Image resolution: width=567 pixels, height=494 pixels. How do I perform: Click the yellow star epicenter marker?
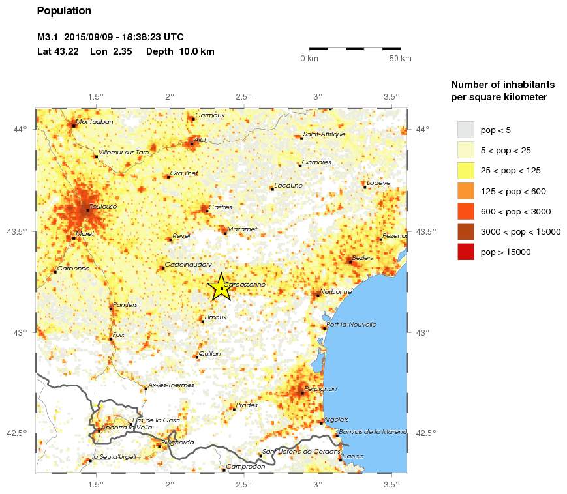[x=221, y=287]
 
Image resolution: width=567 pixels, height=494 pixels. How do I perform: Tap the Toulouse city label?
[x=103, y=207]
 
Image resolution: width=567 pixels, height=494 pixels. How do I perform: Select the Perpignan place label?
[x=320, y=389]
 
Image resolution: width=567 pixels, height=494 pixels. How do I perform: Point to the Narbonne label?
[x=336, y=292]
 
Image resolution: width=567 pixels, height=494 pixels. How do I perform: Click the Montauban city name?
[x=95, y=122]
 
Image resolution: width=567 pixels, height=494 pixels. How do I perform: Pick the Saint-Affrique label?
[x=324, y=134]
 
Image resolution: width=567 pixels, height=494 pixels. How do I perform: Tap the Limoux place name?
[x=215, y=317]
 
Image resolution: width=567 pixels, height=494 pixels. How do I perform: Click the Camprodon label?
[x=247, y=467]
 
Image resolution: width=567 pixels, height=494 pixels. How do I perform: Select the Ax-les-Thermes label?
[x=171, y=385]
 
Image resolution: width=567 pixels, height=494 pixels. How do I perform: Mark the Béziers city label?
[x=362, y=258]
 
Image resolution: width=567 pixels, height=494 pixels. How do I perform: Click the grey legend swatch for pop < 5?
[x=465, y=130]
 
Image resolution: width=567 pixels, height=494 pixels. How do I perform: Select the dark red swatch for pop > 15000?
[x=465, y=252]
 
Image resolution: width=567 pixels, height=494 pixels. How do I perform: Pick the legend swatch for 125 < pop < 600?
[x=465, y=191]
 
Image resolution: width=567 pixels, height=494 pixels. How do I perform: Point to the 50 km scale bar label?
[x=400, y=59]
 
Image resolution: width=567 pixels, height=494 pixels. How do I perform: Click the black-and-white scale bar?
[x=354, y=48]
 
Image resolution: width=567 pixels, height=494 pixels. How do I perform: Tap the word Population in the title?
[x=64, y=10]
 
